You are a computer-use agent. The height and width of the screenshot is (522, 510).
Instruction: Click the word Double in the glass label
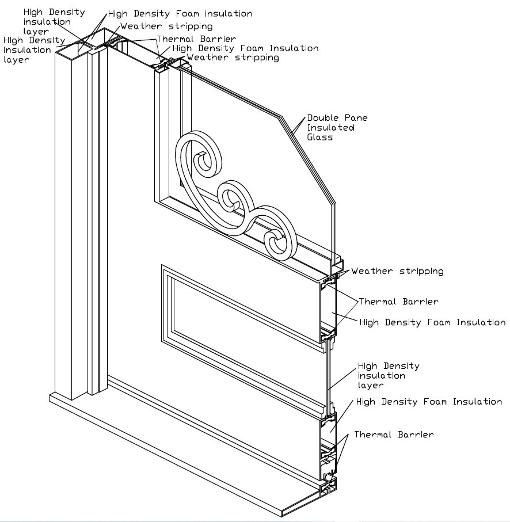[319, 118]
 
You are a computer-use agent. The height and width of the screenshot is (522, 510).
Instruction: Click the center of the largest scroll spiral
[202, 162]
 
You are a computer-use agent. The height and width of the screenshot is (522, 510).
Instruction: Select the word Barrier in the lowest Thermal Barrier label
[416, 435]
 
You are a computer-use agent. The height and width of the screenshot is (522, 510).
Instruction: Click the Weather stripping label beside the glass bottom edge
[397, 270]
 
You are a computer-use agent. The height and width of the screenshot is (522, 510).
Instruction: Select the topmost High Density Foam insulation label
[180, 13]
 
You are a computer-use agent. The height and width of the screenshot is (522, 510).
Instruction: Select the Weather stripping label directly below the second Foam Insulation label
[233, 58]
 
